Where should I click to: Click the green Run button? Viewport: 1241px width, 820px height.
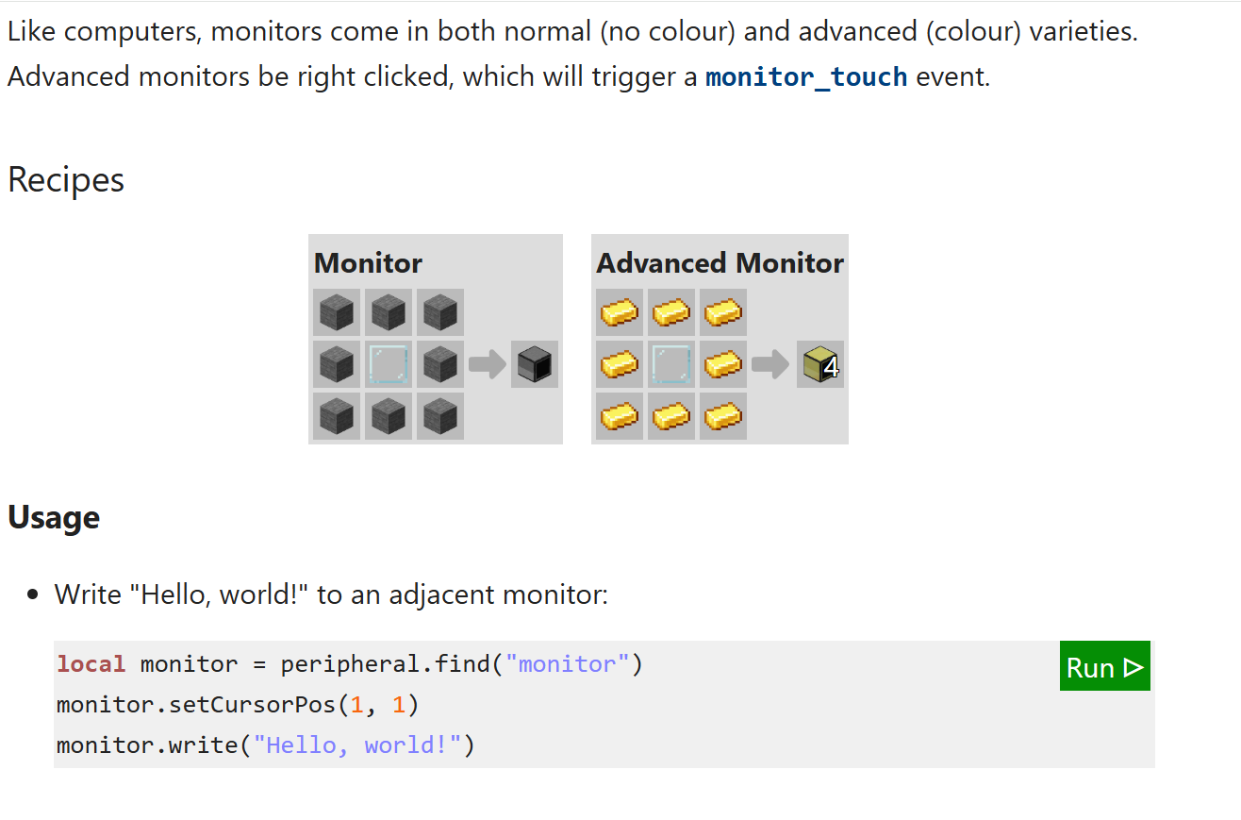click(x=1104, y=666)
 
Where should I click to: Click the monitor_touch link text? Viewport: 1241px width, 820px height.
click(x=806, y=76)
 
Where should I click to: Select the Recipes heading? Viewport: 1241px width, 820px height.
click(x=66, y=179)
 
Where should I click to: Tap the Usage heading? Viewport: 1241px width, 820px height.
click(x=54, y=517)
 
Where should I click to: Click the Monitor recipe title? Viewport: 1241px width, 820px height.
click(x=368, y=262)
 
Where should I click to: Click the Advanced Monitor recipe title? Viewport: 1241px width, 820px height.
click(x=720, y=262)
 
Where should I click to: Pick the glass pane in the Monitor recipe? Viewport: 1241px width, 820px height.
click(x=389, y=364)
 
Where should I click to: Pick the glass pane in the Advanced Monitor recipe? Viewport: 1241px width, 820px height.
click(x=671, y=364)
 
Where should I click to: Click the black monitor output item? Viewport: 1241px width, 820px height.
click(x=535, y=364)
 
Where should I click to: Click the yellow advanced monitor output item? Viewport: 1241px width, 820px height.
click(x=817, y=364)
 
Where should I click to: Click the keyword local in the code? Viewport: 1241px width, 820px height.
click(x=91, y=664)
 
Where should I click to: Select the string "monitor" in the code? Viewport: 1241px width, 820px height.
click(x=568, y=664)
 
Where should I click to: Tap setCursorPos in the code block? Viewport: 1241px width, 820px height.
click(x=252, y=705)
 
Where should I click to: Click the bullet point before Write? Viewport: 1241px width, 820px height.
click(x=35, y=595)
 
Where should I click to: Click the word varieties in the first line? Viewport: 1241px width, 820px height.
click(x=1084, y=31)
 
